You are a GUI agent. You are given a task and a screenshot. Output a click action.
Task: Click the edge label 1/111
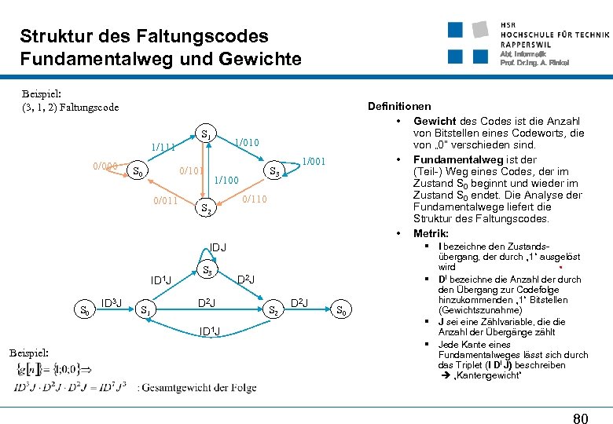click(163, 147)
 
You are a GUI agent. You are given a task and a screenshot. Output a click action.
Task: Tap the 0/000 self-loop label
click(105, 166)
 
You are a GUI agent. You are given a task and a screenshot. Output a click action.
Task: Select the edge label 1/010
click(246, 142)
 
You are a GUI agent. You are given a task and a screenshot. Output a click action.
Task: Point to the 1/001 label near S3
click(315, 162)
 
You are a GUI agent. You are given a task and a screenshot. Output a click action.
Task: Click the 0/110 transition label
click(255, 199)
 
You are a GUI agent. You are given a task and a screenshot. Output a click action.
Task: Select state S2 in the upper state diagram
click(205, 209)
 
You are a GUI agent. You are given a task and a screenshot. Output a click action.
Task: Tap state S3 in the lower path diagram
click(208, 271)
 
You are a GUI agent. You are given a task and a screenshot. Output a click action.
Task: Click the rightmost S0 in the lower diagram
click(341, 310)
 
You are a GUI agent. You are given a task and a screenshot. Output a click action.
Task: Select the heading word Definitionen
click(399, 106)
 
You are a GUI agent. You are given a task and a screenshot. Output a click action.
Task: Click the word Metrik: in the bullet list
click(431, 233)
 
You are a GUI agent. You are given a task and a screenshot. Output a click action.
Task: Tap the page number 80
click(580, 419)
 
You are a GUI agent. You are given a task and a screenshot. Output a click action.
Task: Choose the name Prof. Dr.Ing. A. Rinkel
click(534, 63)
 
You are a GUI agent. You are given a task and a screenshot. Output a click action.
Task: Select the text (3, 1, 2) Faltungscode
click(71, 107)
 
